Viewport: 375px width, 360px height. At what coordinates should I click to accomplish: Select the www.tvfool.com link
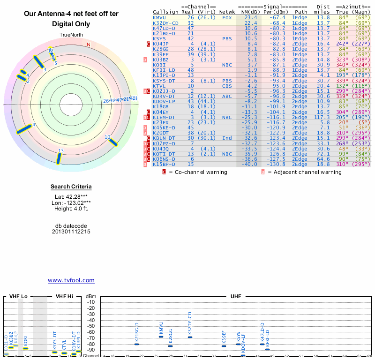(x=71, y=280)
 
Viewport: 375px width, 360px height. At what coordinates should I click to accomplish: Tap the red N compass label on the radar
(x=88, y=45)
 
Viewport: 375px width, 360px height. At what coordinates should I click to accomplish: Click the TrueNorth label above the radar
(x=71, y=36)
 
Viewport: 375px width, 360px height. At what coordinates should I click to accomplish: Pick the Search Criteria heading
(x=71, y=187)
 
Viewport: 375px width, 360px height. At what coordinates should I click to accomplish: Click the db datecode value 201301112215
(x=71, y=232)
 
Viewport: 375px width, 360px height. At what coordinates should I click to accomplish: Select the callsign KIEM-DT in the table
(x=164, y=117)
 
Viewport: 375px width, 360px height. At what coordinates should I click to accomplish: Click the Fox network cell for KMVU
(x=227, y=17)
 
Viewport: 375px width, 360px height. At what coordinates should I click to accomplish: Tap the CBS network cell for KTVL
(x=227, y=86)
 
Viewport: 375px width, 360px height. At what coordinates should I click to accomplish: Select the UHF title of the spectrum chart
(x=236, y=296)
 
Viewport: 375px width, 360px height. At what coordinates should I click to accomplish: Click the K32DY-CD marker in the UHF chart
(x=190, y=337)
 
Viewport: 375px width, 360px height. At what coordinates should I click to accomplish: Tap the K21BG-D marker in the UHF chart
(x=136, y=344)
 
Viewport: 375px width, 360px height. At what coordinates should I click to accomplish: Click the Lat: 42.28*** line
(x=71, y=197)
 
